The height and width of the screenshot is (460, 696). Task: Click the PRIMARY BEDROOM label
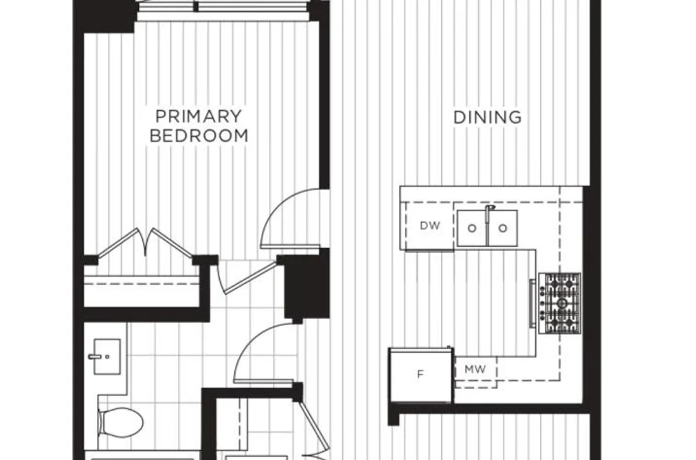pyautogui.click(x=199, y=126)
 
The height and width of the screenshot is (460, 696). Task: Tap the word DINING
pyautogui.click(x=487, y=117)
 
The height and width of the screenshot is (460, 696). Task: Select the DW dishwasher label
pyautogui.click(x=429, y=226)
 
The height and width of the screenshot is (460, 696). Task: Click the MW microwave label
pyautogui.click(x=475, y=369)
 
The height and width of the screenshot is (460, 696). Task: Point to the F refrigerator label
pyautogui.click(x=420, y=375)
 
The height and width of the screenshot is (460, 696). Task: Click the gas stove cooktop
pyautogui.click(x=560, y=303)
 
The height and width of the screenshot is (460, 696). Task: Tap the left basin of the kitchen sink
pyautogui.click(x=472, y=228)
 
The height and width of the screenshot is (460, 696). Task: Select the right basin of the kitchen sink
pyautogui.click(x=503, y=228)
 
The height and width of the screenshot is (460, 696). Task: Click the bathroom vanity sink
pyautogui.click(x=106, y=357)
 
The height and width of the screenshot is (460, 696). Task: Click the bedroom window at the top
pyautogui.click(x=226, y=8)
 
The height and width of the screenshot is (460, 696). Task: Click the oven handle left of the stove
pyautogui.click(x=532, y=303)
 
